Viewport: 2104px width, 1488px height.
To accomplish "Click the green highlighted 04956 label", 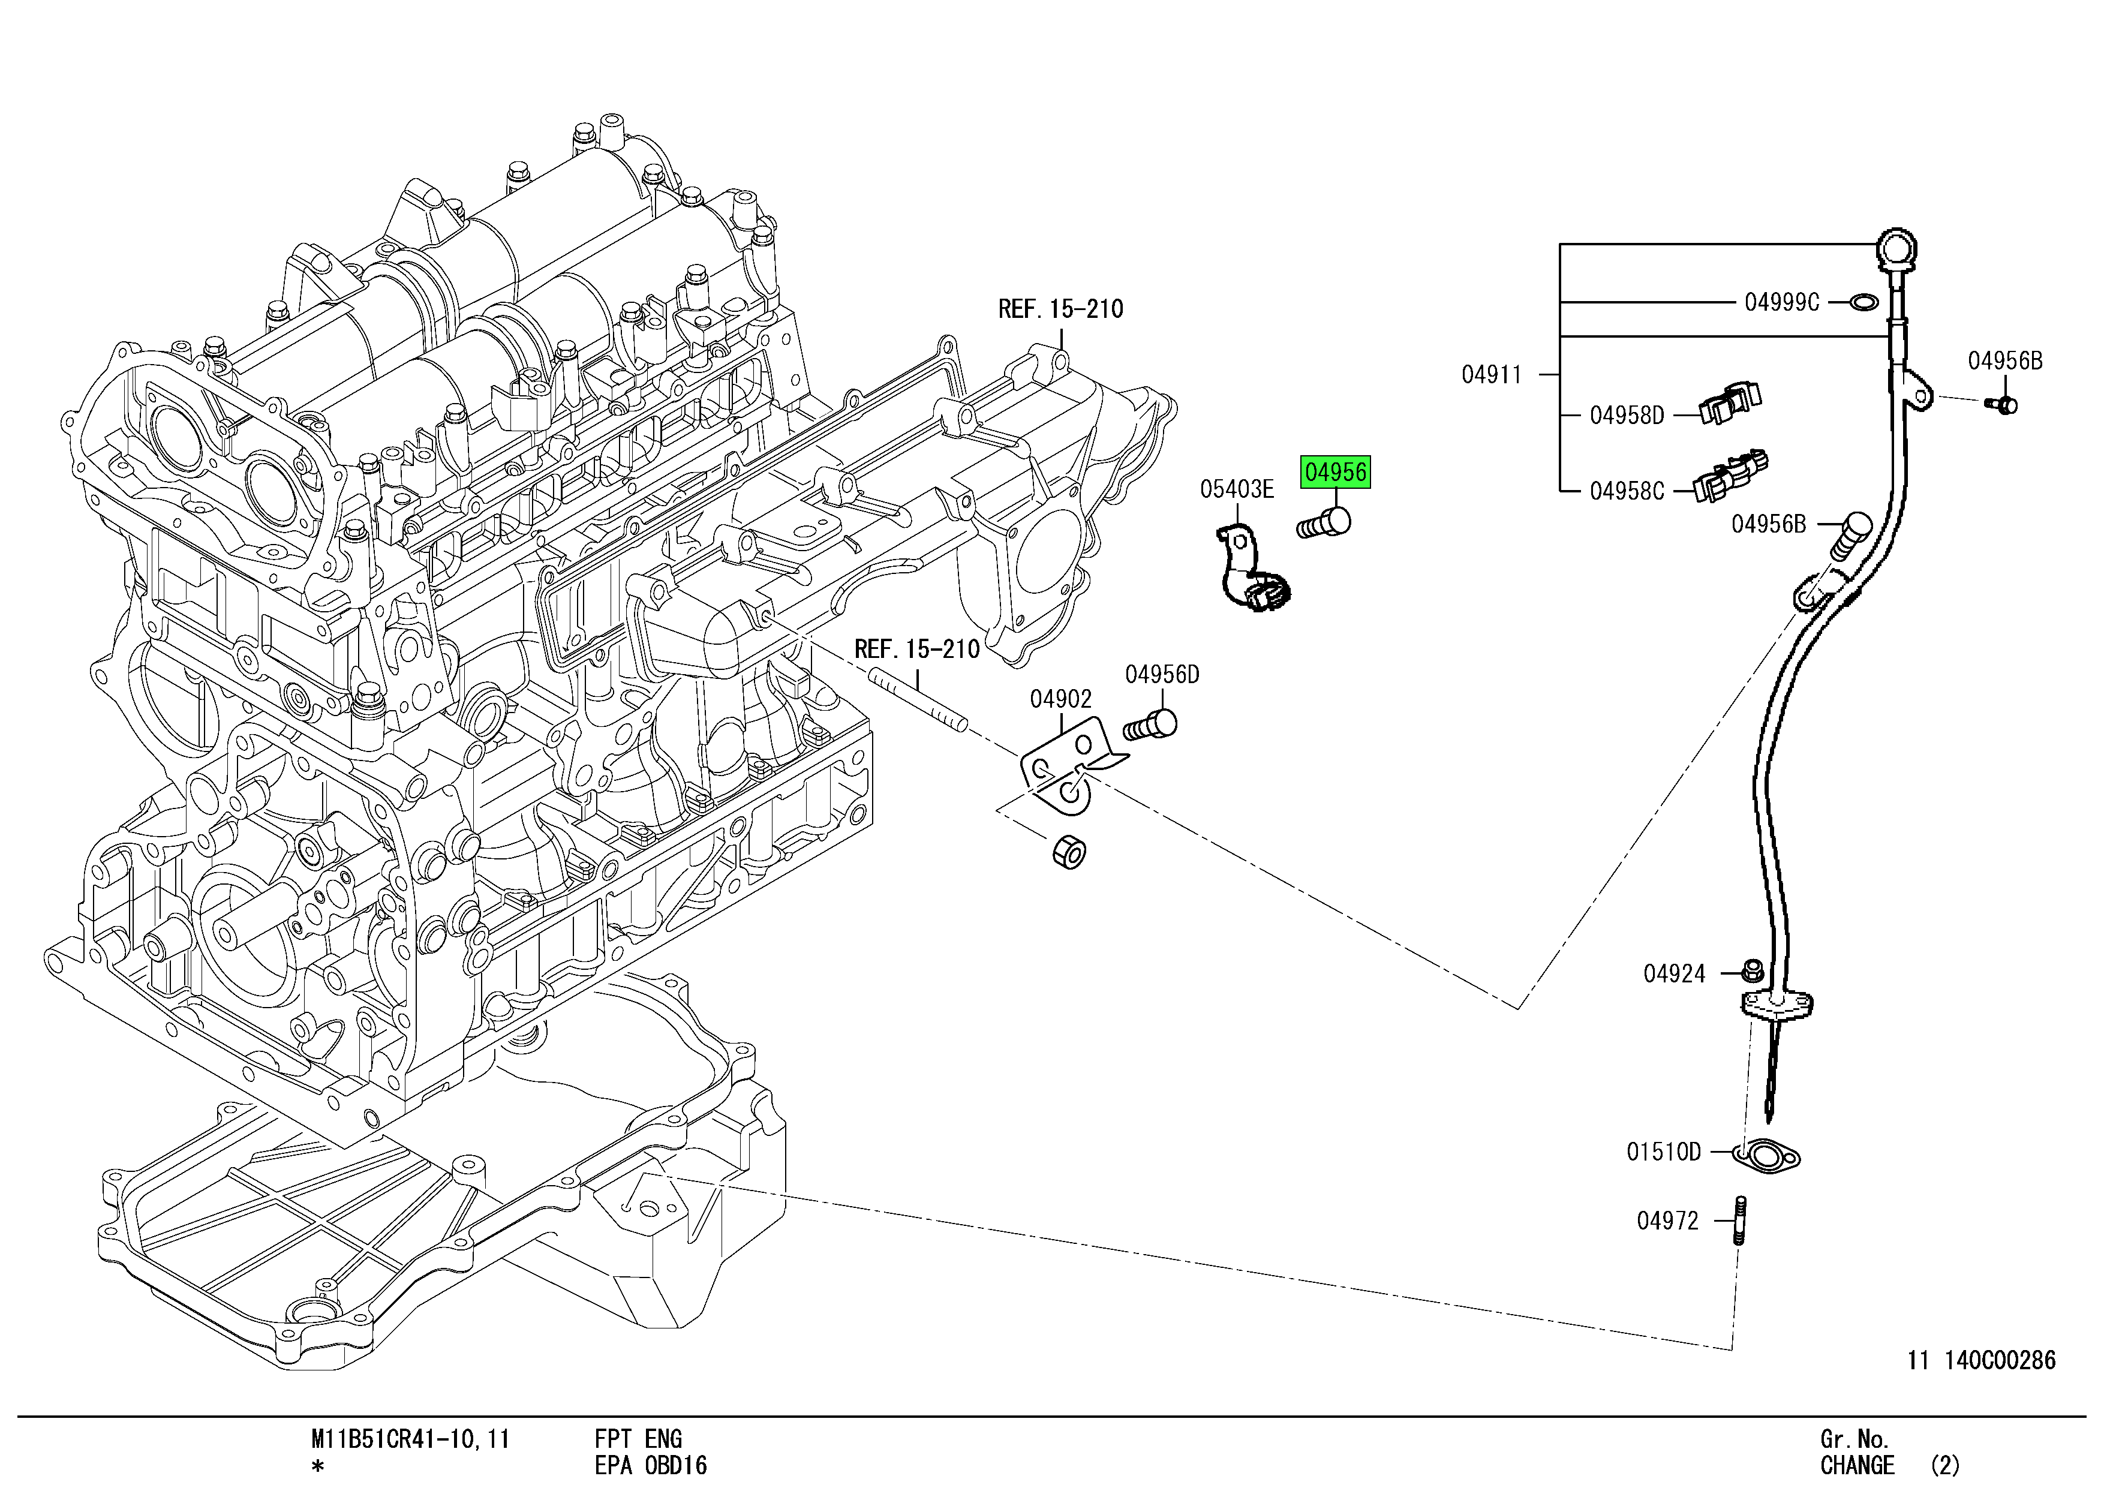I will [1335, 472].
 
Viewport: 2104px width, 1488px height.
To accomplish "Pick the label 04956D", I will [1162, 675].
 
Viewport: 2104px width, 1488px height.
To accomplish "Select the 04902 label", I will [1060, 700].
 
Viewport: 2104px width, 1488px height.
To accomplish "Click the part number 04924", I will [1674, 974].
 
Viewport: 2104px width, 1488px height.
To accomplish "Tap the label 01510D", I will [1663, 1152].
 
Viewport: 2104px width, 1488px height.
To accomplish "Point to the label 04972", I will [1668, 1221].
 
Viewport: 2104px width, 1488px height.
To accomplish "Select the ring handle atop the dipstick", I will [1897, 248].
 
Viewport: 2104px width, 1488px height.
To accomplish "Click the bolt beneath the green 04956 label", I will [1325, 525].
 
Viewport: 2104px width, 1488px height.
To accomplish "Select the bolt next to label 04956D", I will [1150, 726].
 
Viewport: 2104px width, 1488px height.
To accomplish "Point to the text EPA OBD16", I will [651, 1466].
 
